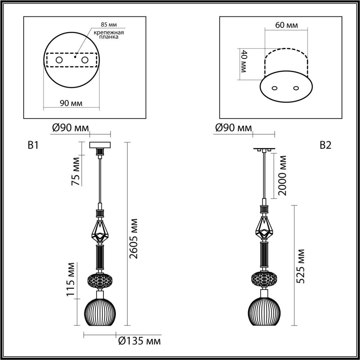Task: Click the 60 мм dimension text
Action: [286, 25]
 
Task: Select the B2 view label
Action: [325, 145]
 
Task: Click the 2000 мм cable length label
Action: [282, 175]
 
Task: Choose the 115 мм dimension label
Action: [71, 279]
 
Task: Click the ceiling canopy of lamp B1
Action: [100, 145]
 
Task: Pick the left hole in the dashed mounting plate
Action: [59, 60]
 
